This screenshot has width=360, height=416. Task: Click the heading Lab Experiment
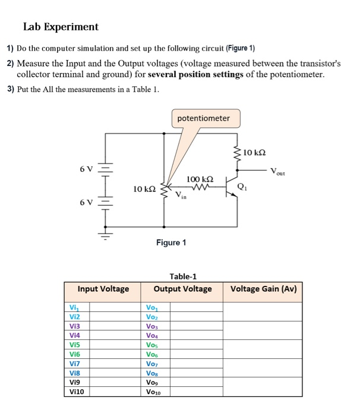click(x=61, y=27)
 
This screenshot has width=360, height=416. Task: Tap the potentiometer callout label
click(x=204, y=118)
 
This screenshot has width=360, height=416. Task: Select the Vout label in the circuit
click(x=277, y=172)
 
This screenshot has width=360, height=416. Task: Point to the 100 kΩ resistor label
click(x=200, y=179)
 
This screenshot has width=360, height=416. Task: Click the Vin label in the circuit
click(x=181, y=196)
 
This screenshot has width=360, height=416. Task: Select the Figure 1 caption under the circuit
click(x=171, y=242)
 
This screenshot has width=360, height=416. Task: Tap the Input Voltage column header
click(x=103, y=289)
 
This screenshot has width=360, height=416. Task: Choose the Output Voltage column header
click(x=182, y=289)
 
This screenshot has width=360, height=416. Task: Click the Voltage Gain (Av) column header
click(x=263, y=289)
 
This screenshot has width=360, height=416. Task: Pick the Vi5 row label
click(x=74, y=344)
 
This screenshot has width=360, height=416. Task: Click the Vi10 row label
click(x=77, y=392)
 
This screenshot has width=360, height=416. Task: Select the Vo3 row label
click(x=152, y=326)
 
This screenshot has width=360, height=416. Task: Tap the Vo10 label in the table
click(x=154, y=392)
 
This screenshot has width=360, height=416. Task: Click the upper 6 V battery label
click(x=86, y=169)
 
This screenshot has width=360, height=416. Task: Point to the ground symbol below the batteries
click(x=106, y=239)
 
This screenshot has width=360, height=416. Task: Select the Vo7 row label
click(x=152, y=363)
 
